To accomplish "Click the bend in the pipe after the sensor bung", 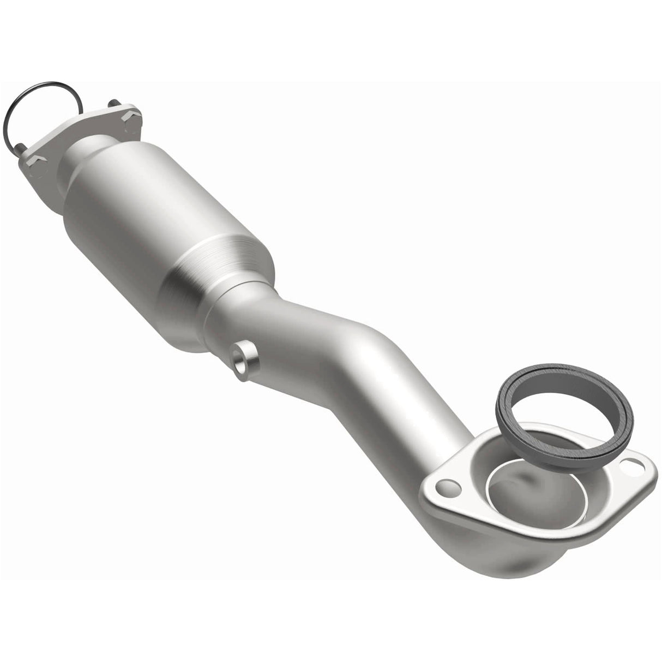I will click(x=349, y=349).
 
